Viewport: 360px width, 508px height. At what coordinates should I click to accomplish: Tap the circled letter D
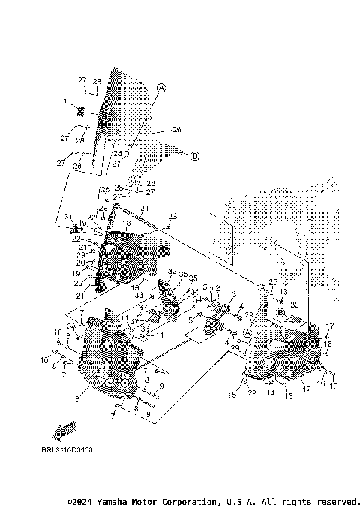pos(194,156)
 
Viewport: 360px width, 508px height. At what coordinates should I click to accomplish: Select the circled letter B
pos(280,311)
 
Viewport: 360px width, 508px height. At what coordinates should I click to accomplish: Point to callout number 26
pos(177,130)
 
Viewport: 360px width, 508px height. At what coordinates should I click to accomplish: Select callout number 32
pos(172,272)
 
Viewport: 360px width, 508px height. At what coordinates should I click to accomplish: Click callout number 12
pos(305,389)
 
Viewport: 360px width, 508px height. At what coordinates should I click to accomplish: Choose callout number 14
pos(271,392)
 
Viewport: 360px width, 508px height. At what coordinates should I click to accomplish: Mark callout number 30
pos(295,305)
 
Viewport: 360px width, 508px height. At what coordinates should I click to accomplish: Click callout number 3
pos(233,293)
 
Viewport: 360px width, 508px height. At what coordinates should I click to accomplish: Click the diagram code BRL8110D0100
pos(67,451)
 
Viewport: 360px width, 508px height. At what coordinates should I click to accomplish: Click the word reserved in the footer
pos(334,500)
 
